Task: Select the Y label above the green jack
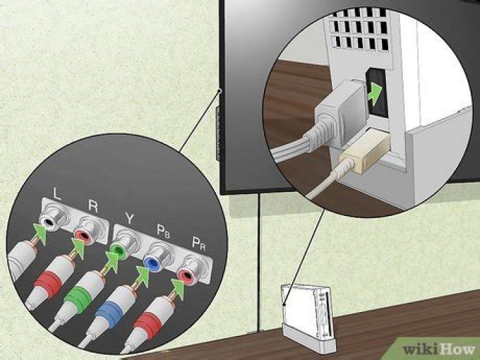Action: pos(129,217)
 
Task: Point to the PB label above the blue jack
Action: pos(163,228)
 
